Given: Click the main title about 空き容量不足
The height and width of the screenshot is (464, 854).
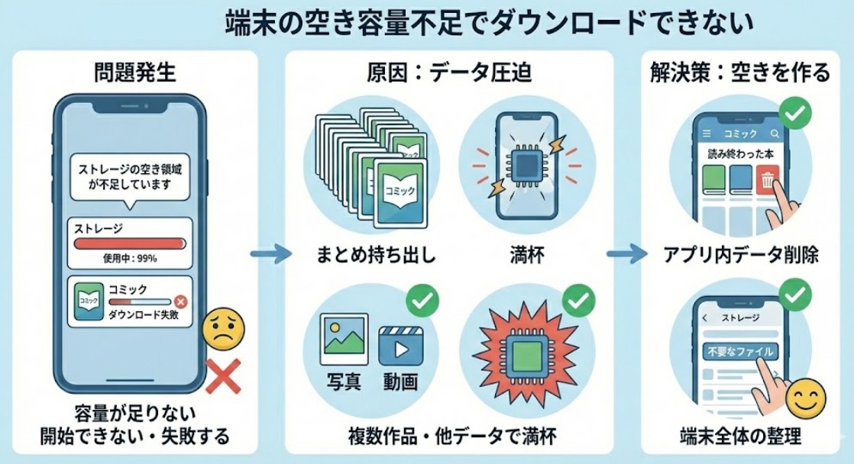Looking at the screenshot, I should click(x=489, y=23).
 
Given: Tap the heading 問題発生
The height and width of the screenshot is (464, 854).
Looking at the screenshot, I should click(x=134, y=72).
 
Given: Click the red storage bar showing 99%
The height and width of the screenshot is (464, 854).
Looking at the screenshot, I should click(x=129, y=243).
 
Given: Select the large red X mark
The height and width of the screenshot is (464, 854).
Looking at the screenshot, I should click(x=223, y=376).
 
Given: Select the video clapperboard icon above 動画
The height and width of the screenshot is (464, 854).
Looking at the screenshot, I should click(x=401, y=346).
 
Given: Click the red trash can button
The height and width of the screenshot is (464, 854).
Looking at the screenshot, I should click(x=767, y=180).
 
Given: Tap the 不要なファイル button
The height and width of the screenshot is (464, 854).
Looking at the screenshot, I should click(x=739, y=351).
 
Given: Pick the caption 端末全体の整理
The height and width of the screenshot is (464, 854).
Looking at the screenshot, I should click(x=739, y=437).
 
